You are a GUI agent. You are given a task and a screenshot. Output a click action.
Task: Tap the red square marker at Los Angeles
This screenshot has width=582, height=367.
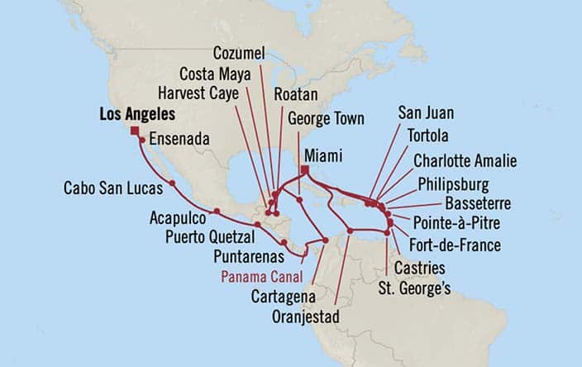135,129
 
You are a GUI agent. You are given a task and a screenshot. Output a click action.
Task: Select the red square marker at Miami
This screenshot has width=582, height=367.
304,171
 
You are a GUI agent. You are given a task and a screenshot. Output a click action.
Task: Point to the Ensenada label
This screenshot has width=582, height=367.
179,138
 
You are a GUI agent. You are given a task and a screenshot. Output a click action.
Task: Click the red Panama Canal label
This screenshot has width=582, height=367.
261,275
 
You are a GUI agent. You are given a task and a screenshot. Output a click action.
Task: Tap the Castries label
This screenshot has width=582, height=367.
418,268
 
